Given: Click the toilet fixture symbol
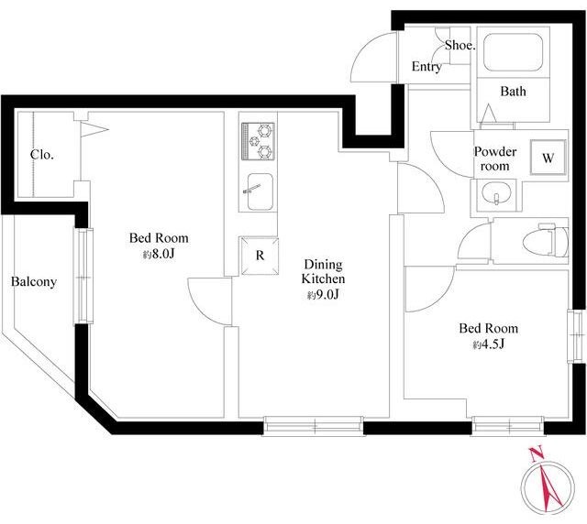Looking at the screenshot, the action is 547,241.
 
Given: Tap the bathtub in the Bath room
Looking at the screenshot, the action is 513,52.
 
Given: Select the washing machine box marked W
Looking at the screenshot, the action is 548,158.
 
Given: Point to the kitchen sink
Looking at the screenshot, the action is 259,191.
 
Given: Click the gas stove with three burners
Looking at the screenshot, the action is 258,142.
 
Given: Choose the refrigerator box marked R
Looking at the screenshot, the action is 260,256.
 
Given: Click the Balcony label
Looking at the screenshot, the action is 34,281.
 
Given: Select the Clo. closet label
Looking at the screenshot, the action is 42,155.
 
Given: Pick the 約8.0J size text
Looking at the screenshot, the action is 159,255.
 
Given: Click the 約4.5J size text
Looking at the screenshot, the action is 489,344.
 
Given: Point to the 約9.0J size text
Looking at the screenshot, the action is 323,295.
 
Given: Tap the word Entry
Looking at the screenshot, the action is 426,67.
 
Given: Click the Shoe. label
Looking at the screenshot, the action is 460,46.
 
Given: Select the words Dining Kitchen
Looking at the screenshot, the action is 324,271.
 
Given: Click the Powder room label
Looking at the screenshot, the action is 495,158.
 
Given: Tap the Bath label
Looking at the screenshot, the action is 513,91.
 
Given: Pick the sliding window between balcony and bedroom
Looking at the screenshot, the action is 83,276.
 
